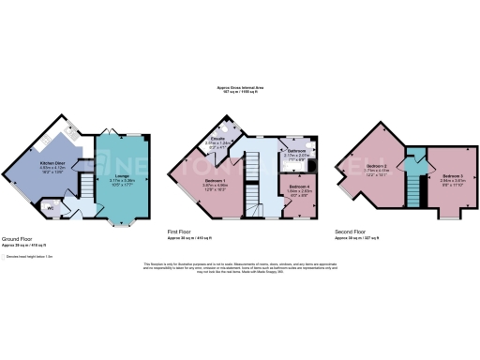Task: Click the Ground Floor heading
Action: click(21, 239)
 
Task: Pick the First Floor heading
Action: click(185, 231)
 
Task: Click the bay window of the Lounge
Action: click(117, 222)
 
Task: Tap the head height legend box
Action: click(4, 256)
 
